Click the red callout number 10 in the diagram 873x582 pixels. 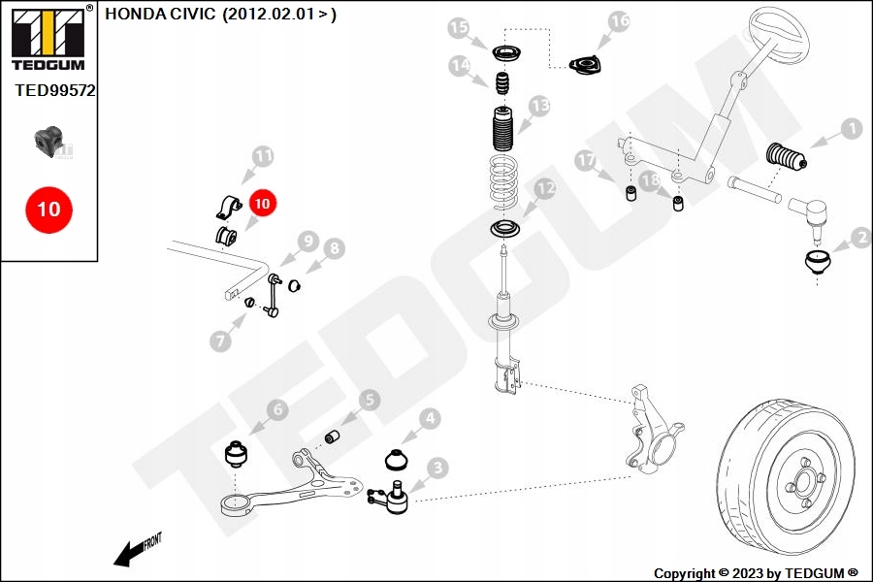click(x=263, y=203)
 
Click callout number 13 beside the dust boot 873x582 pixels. click(x=538, y=105)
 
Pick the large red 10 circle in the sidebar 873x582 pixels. click(x=48, y=209)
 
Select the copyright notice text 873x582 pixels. click(x=756, y=573)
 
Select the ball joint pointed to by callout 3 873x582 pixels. click(x=393, y=497)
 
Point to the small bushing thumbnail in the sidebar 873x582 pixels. click(x=48, y=142)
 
